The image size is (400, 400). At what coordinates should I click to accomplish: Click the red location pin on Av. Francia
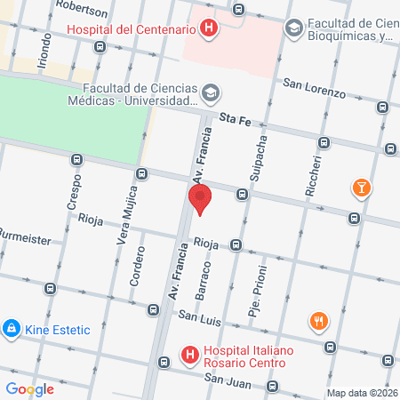[200, 198]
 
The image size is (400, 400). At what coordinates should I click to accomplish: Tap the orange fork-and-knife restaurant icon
[317, 321]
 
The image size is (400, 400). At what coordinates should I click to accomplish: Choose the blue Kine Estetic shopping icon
[12, 330]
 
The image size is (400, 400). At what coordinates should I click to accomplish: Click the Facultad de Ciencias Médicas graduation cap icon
[211, 92]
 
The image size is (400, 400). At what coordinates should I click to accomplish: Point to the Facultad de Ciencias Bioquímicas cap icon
[293, 29]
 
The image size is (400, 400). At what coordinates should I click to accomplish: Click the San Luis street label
[198, 316]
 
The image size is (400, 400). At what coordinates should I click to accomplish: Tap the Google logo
[30, 388]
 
